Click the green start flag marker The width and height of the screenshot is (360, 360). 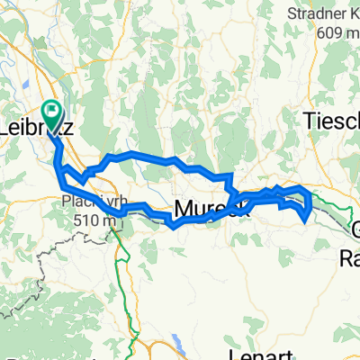53,115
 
